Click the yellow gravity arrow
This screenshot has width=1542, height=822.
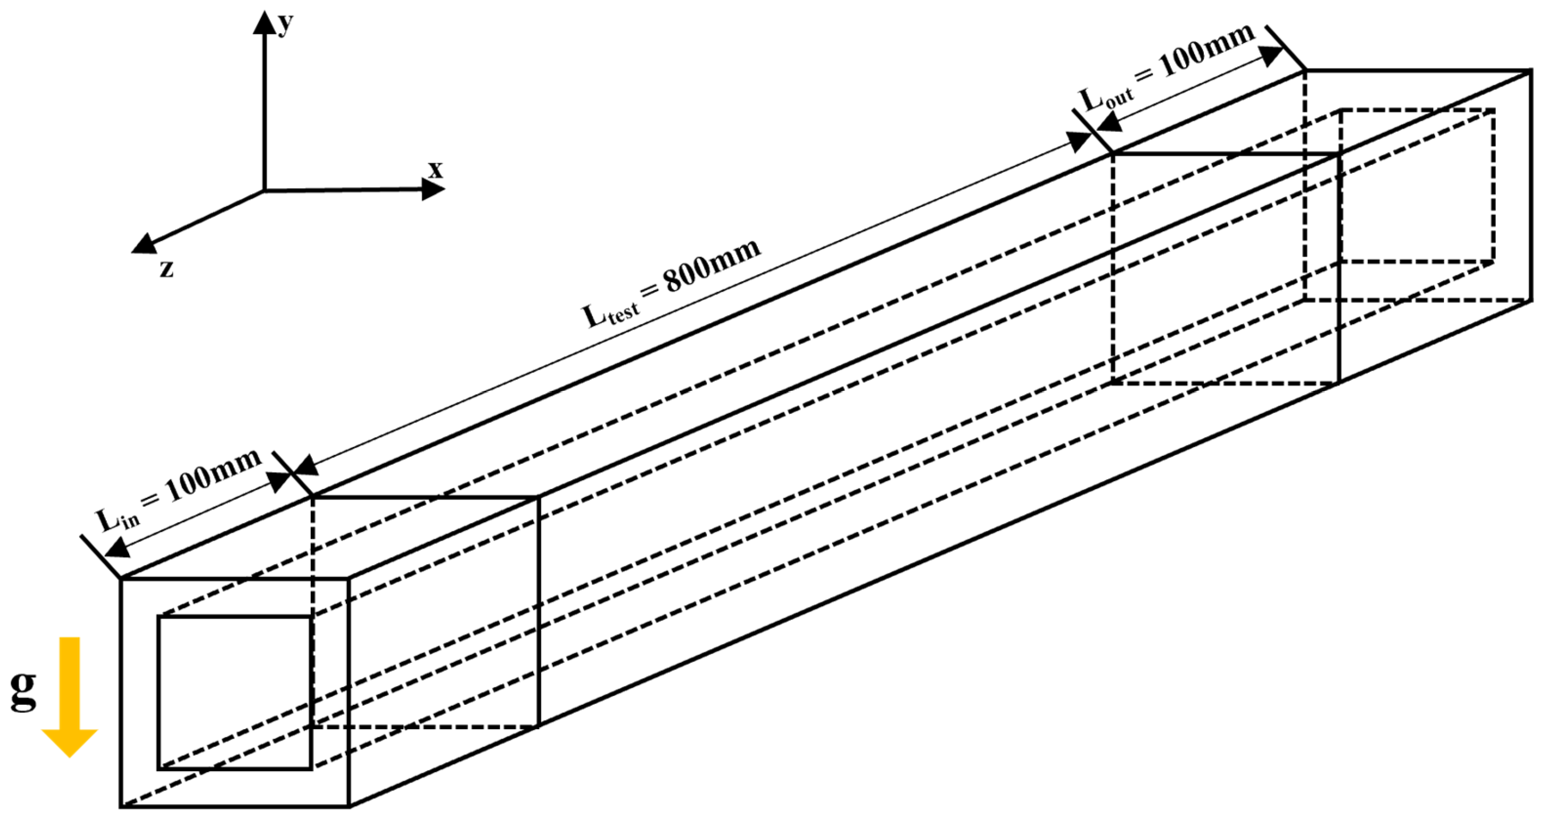pos(70,694)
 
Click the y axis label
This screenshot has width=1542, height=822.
pos(286,24)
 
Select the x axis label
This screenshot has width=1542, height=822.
pos(435,170)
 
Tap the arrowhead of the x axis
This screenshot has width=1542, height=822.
pos(434,190)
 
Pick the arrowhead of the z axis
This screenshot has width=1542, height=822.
pos(143,244)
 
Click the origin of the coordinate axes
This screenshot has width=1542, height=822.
pos(264,191)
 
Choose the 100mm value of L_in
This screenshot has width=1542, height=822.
pos(213,476)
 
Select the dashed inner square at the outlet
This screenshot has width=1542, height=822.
pos(1418,186)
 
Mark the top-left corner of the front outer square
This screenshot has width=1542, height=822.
pos(121,579)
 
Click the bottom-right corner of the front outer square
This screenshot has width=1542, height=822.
pos(349,806)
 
